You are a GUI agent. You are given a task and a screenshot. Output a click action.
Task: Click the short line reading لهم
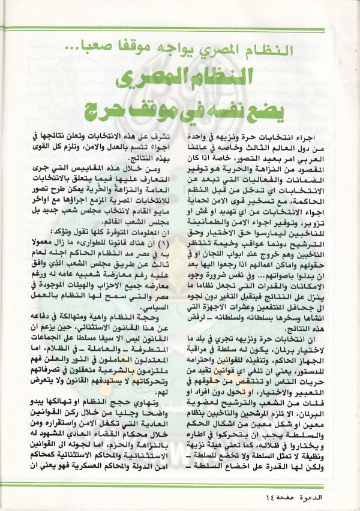coord(154,404)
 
